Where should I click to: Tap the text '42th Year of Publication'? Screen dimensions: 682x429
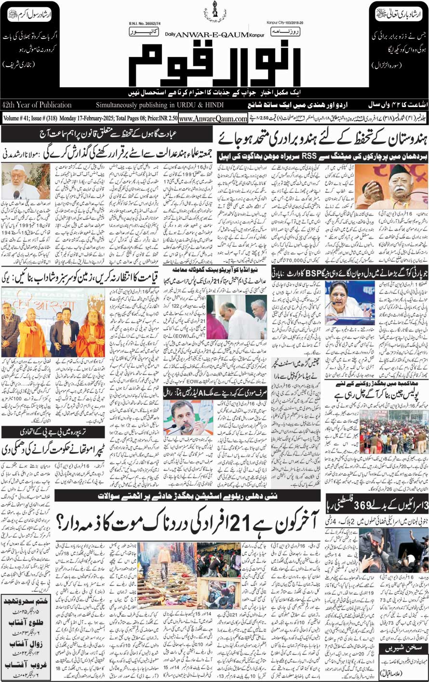pyautogui.click(x=37, y=105)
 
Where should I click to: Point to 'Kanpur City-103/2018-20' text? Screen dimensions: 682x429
pyautogui.click(x=288, y=22)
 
